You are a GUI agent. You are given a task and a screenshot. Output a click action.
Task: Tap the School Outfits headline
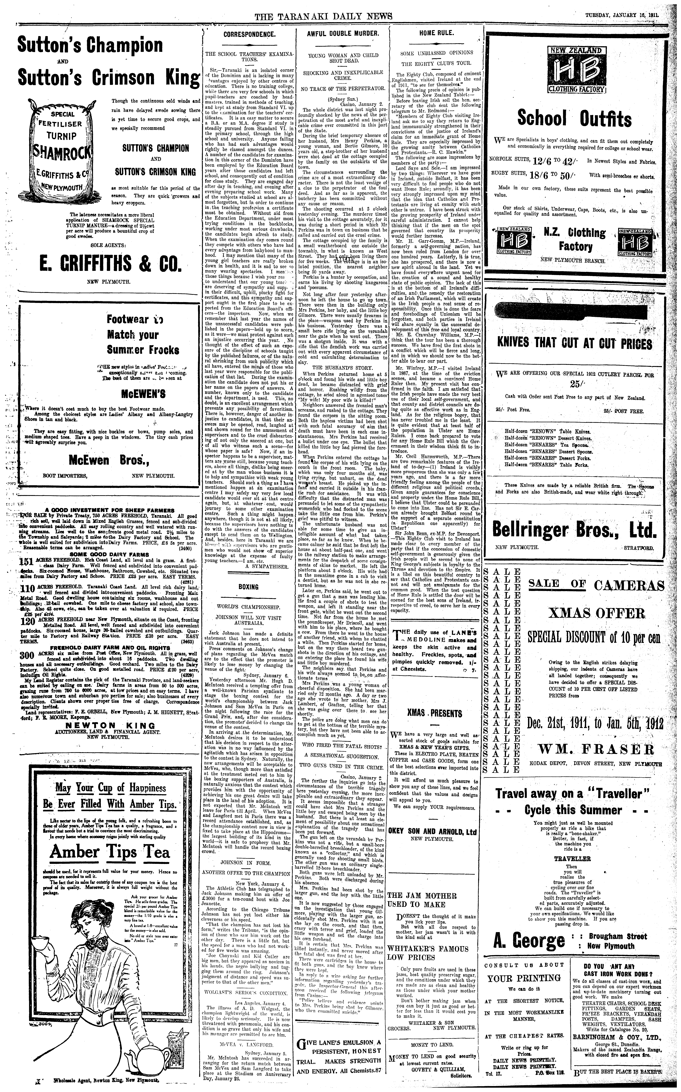(x=574, y=119)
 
